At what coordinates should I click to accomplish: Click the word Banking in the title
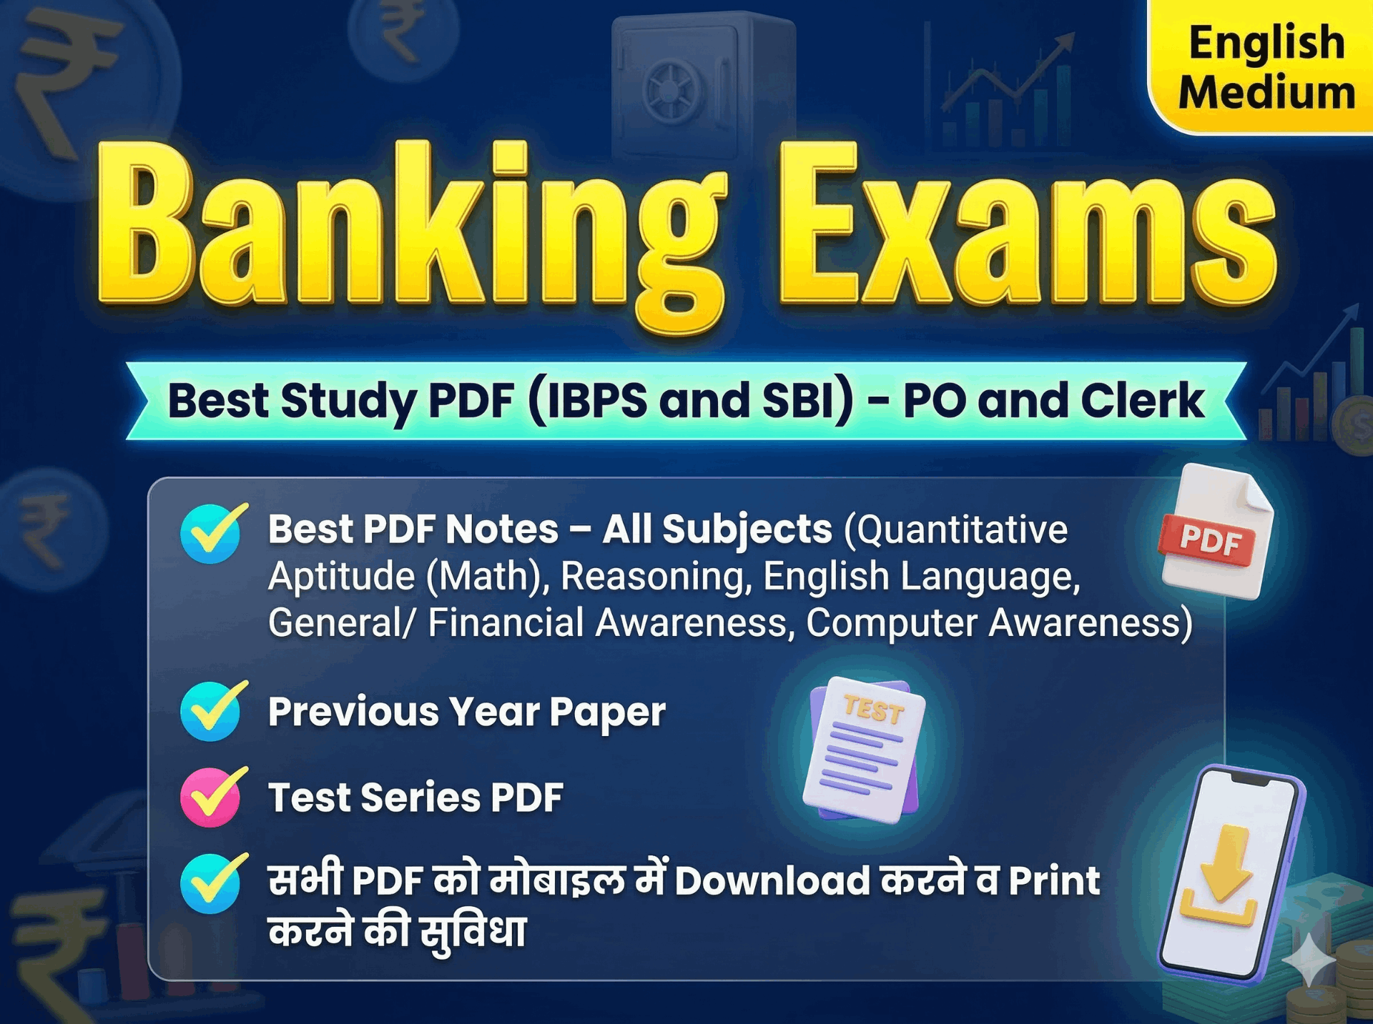coord(411,232)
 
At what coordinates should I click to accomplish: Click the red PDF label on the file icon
coord(1209,541)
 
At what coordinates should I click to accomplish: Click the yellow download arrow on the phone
coord(1220,875)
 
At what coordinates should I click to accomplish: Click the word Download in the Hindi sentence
coord(772,880)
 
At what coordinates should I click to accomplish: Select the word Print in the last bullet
coord(1054,880)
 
